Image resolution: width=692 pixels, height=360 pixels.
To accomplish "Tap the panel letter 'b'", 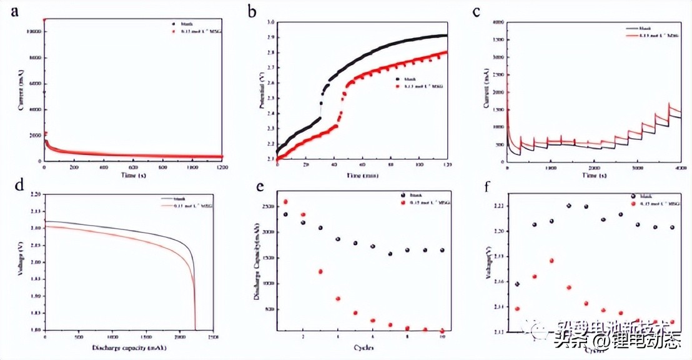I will tap(252, 11).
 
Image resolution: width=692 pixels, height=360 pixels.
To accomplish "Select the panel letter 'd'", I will tap(8, 186).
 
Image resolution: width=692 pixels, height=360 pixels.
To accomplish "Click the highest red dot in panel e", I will tap(285, 202).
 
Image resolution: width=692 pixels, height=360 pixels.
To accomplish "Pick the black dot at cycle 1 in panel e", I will tap(285, 214).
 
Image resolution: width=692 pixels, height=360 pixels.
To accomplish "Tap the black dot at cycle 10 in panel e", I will tap(442, 250).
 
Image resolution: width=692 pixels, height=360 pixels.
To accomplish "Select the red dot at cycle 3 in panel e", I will tap(320, 271).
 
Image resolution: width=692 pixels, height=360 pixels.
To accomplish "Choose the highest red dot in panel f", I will tap(551, 261).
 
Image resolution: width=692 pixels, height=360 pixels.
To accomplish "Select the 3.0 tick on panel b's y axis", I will tap(270, 22).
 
